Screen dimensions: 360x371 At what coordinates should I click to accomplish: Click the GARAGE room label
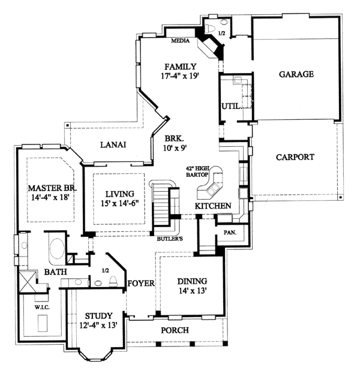(296, 74)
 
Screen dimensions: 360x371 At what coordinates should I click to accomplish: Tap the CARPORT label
(295, 157)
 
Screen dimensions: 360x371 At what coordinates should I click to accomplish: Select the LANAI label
(113, 145)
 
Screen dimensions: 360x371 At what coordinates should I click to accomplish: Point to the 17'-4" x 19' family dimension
(180, 76)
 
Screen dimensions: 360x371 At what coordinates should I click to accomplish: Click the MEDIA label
(181, 41)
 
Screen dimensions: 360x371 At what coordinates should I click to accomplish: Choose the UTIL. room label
(232, 106)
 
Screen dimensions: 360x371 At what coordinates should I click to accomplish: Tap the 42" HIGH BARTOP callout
(197, 171)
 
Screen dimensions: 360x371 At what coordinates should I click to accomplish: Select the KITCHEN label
(213, 206)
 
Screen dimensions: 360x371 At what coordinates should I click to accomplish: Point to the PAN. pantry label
(230, 233)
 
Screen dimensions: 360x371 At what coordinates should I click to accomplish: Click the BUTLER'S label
(170, 239)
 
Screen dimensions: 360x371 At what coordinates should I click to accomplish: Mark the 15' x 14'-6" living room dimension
(119, 203)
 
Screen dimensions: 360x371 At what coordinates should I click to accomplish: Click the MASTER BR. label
(52, 188)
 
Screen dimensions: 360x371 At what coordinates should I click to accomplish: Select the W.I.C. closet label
(42, 307)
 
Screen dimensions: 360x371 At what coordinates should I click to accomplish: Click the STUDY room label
(98, 316)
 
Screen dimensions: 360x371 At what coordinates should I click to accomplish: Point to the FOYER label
(141, 283)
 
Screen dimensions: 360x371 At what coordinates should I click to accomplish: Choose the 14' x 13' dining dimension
(191, 290)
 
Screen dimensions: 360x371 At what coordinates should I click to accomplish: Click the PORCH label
(175, 330)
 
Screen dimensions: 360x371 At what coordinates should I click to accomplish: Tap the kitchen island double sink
(212, 189)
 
